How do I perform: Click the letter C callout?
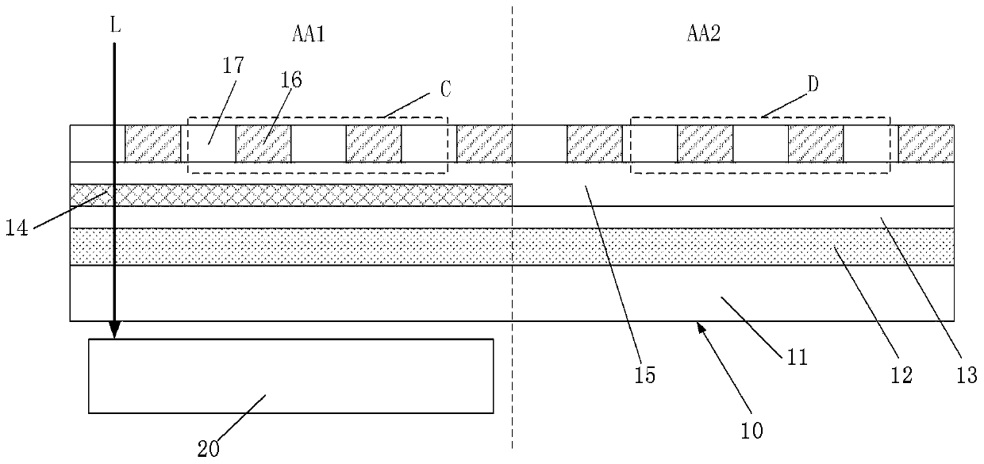point(446,90)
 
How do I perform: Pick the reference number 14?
point(18,228)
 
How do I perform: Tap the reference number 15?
point(646,374)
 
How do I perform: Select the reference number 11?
point(798,357)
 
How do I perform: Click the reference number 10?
point(751,430)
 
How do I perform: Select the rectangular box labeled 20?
point(290,376)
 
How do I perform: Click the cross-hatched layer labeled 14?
point(302,195)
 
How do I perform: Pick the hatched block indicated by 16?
point(263,144)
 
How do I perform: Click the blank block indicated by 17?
point(209,144)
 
